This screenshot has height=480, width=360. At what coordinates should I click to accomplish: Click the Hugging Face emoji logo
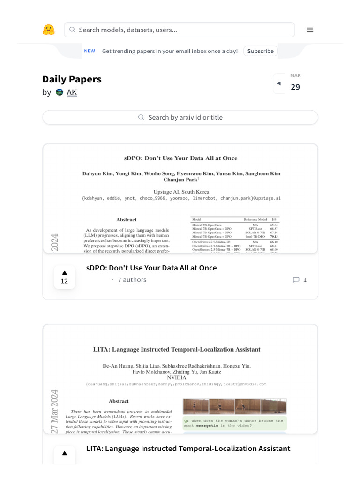[x=49, y=30]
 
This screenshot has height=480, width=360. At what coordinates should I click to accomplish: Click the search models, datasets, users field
[x=180, y=30]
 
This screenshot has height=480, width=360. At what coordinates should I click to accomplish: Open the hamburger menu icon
[x=310, y=30]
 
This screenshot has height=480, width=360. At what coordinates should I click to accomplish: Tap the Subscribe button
[x=260, y=51]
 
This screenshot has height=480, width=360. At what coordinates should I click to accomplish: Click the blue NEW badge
[x=89, y=51]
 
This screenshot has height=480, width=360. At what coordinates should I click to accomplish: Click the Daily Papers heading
[x=72, y=79]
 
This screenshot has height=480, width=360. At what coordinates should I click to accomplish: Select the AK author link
[x=72, y=92]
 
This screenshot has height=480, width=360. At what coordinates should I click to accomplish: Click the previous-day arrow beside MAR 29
[x=279, y=83]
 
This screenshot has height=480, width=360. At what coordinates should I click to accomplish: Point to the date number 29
[x=295, y=87]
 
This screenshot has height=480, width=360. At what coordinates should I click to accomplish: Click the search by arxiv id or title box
[x=180, y=117]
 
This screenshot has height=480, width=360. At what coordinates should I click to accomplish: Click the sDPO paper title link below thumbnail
[x=151, y=268]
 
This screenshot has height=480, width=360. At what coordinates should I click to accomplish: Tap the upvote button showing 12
[x=64, y=277]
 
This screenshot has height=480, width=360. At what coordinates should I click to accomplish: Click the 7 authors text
[x=132, y=280]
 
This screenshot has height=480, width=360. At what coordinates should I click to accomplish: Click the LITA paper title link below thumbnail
[x=188, y=449]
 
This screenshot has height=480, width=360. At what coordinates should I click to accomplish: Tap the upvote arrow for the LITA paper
[x=64, y=454]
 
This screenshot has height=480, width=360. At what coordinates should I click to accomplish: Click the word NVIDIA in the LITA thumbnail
[x=177, y=377]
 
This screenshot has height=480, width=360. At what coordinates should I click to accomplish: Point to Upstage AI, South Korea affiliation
[x=181, y=192]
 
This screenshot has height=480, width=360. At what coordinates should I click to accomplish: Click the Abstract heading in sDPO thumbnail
[x=127, y=219]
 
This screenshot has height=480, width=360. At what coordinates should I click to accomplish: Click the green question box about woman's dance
[x=234, y=423]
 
